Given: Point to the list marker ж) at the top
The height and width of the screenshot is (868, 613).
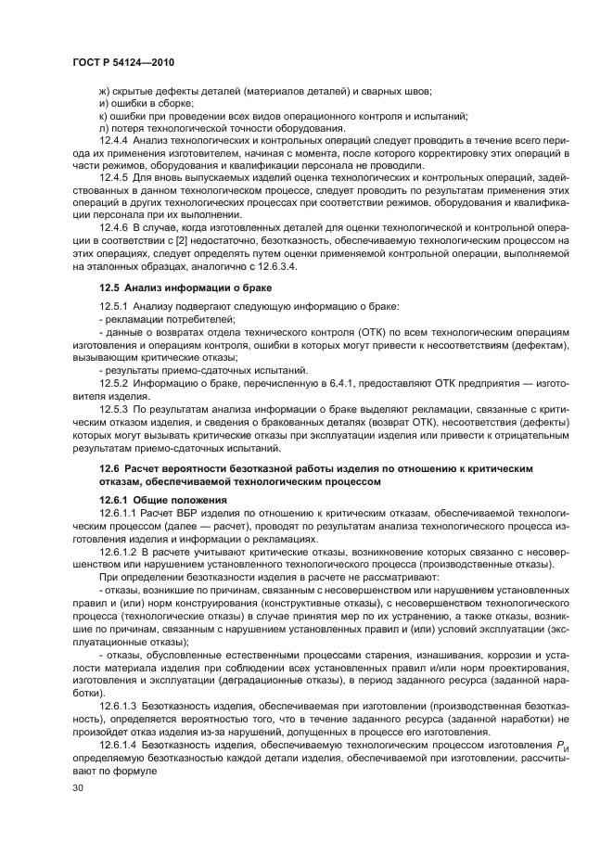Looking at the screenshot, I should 104,91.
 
